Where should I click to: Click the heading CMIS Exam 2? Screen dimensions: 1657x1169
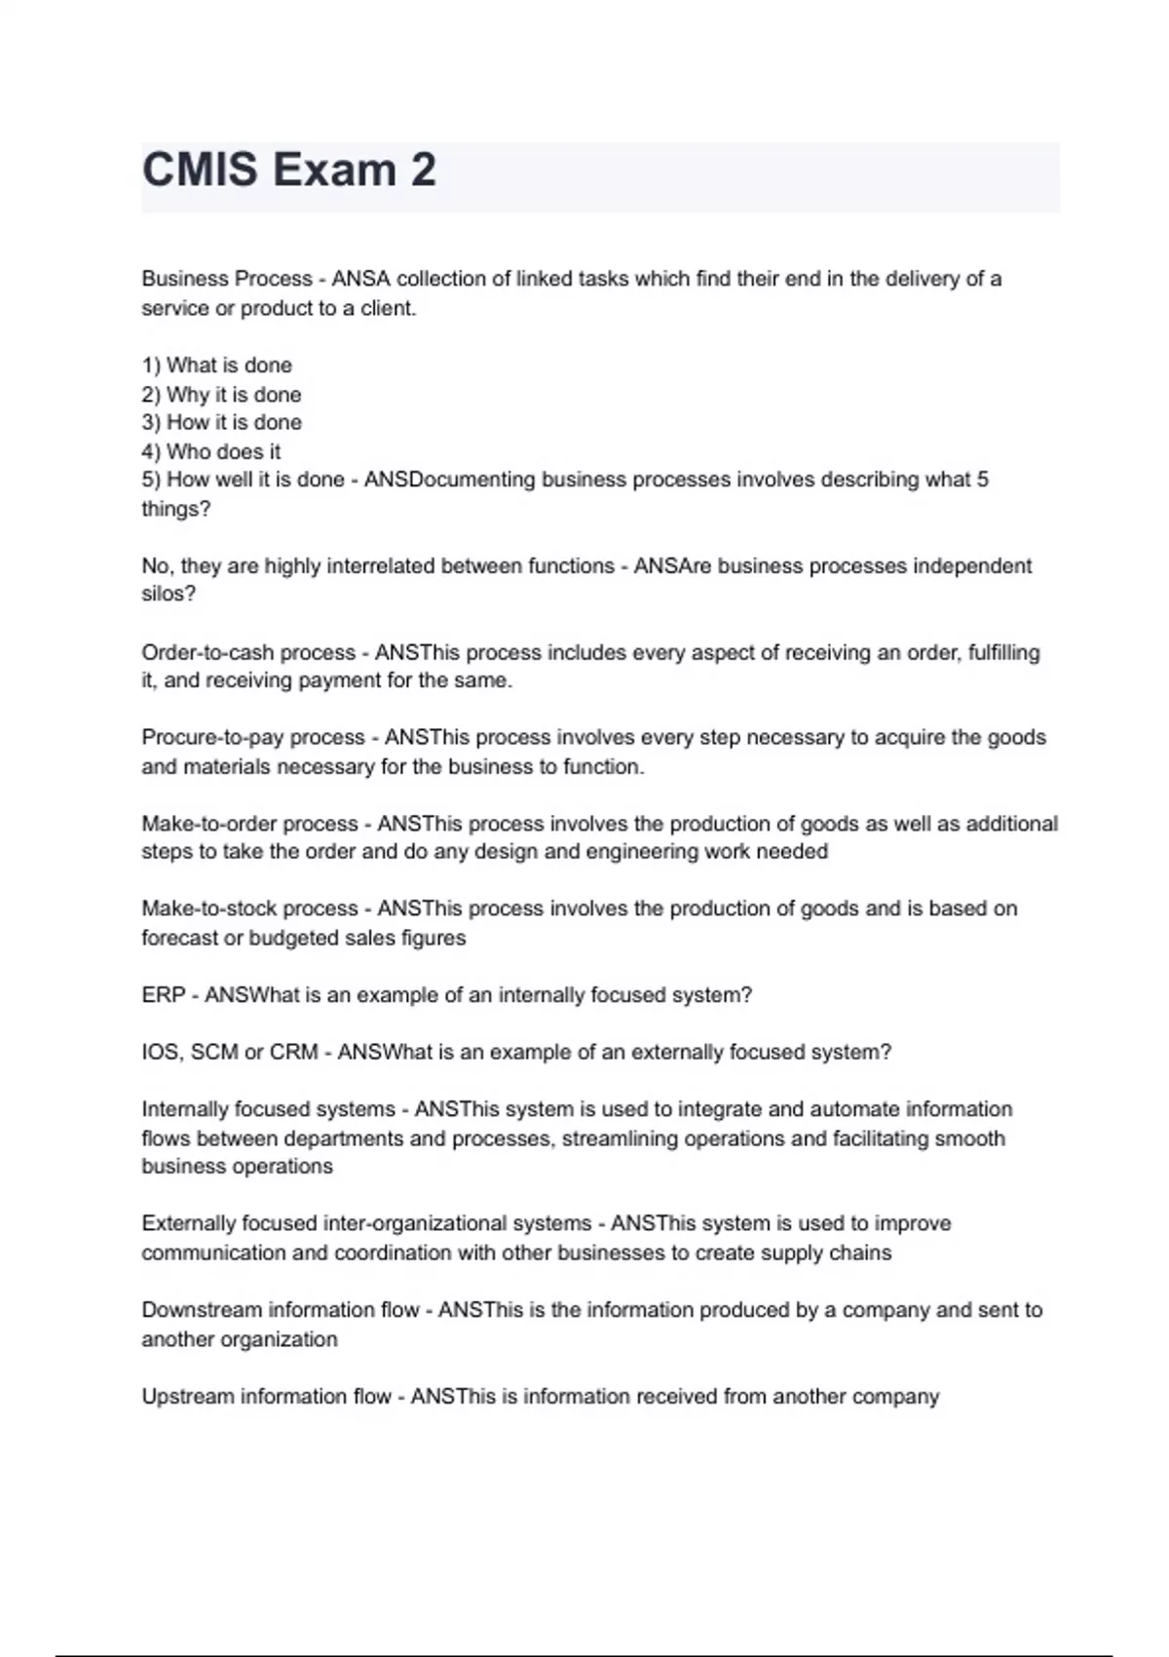pos(289,171)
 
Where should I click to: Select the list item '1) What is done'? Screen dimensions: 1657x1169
pos(217,366)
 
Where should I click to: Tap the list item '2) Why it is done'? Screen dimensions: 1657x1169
pos(221,395)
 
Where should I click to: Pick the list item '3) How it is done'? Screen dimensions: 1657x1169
pos(221,423)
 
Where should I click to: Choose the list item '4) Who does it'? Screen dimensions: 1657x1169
pos(211,452)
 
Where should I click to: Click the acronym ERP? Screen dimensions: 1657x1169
pos(163,995)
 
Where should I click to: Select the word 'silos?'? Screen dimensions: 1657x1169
pos(169,595)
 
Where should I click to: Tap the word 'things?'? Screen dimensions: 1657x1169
pos(175,509)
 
